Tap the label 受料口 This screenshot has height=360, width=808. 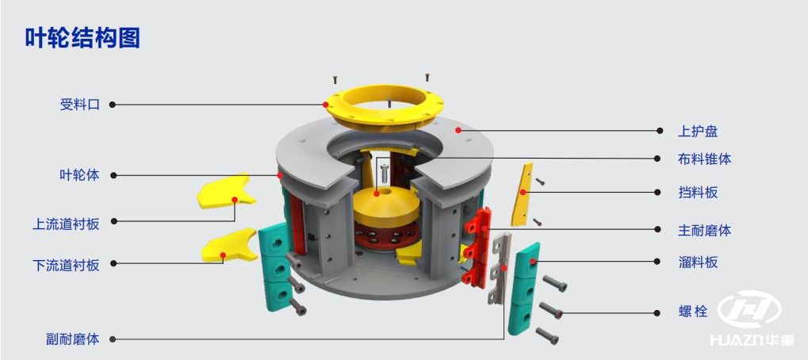(x=80, y=105)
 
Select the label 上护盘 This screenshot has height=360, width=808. (x=698, y=132)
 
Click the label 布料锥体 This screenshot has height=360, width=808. (x=704, y=159)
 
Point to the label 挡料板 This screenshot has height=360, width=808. (x=698, y=193)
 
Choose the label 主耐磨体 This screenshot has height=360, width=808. (x=704, y=230)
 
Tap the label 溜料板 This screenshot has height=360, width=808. (x=698, y=262)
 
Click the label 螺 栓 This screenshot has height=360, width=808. (x=693, y=312)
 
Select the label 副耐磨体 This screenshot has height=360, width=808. (x=73, y=339)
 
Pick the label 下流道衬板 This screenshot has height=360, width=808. (x=66, y=265)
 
